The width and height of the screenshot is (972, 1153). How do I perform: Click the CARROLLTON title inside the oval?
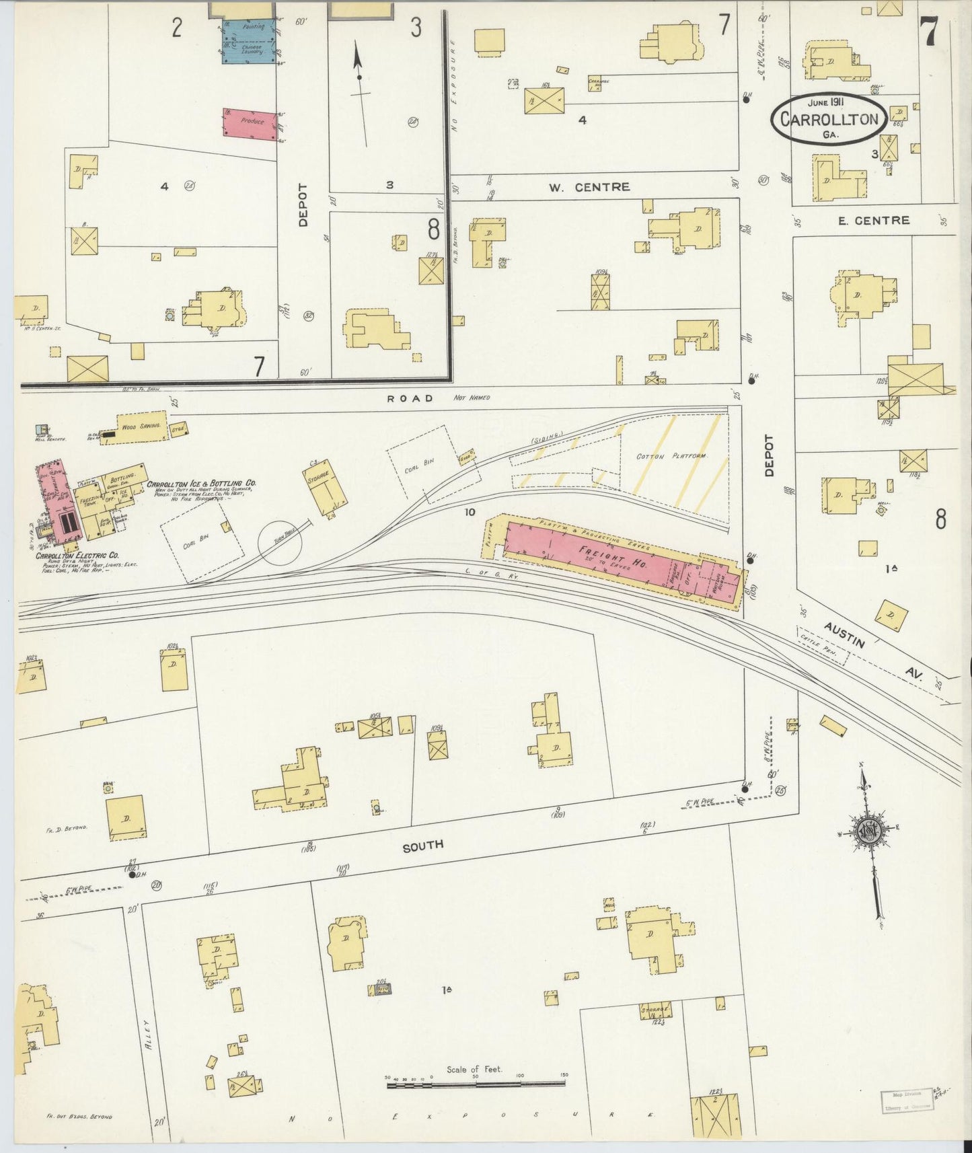(829, 120)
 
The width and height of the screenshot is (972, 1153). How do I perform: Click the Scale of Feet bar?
(476, 1083)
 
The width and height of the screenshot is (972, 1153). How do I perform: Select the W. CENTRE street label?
(589, 187)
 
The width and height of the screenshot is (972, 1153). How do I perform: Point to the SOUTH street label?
(423, 846)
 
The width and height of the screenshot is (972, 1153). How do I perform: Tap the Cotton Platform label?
(672, 457)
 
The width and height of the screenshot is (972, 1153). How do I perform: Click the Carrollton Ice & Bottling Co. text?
(202, 484)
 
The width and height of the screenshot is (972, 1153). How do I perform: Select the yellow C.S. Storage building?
(328, 486)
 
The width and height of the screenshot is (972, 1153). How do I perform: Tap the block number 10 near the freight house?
(470, 512)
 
